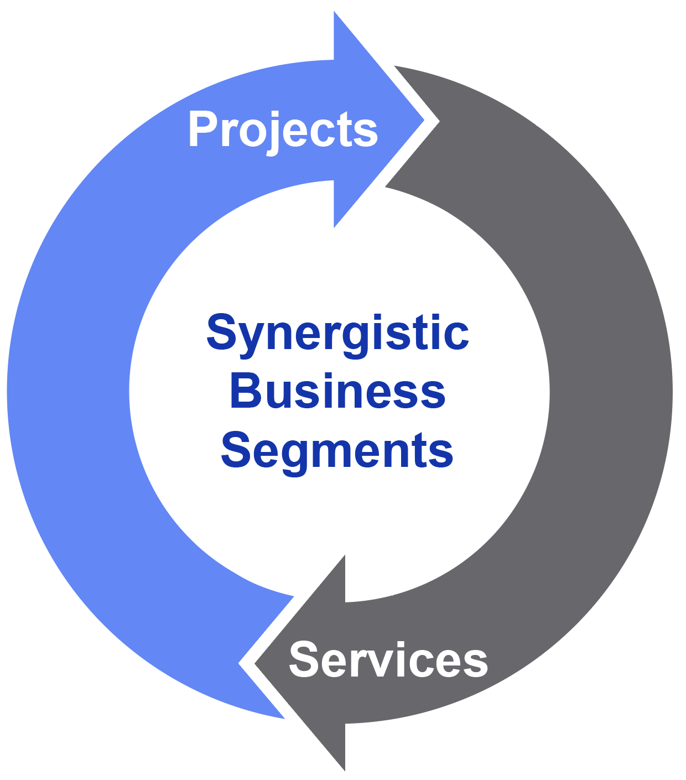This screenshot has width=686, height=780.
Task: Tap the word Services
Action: click(388, 659)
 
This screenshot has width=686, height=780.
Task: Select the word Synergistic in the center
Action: click(337, 333)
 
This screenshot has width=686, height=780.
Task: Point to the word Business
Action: click(337, 392)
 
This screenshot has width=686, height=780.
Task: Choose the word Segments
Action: click(337, 451)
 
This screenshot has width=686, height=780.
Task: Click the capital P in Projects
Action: click(202, 129)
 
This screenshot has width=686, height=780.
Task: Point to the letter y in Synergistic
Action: click(246, 337)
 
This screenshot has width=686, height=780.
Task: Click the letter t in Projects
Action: click(347, 131)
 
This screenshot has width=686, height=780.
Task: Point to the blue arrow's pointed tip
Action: click(423, 119)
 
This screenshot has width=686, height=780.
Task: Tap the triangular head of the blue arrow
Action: click(371, 119)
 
